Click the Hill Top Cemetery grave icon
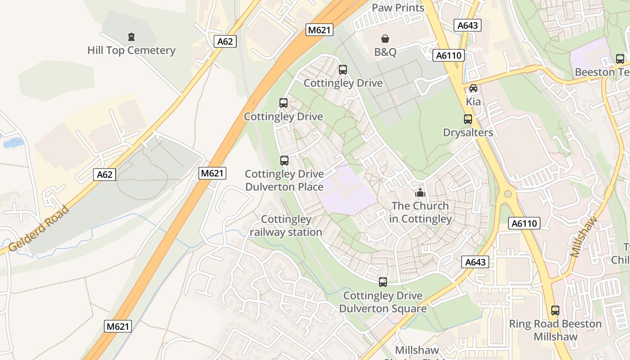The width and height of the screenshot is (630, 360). pyautogui.click(x=131, y=37)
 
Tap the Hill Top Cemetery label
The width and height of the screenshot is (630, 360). pyautogui.click(x=131, y=50)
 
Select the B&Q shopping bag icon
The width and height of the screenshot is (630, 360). pyautogui.click(x=385, y=39)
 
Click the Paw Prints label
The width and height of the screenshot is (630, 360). pyautogui.click(x=398, y=8)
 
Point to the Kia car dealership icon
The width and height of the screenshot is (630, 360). pyautogui.click(x=473, y=88)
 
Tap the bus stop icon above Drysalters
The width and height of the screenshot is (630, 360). pyautogui.click(x=468, y=119)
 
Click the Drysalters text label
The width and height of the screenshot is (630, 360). pyautogui.click(x=468, y=133)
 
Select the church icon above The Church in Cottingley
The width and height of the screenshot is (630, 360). pyautogui.click(x=420, y=193)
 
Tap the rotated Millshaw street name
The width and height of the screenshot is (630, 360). pyautogui.click(x=584, y=236)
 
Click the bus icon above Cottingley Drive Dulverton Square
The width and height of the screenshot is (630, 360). pyautogui.click(x=383, y=282)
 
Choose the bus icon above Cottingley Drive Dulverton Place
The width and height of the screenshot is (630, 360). pyautogui.click(x=284, y=161)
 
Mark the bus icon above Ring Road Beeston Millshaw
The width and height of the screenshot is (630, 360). pyautogui.click(x=555, y=310)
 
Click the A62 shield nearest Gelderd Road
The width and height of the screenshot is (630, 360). pyautogui.click(x=104, y=175)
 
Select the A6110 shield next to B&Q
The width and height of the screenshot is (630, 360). pyautogui.click(x=448, y=55)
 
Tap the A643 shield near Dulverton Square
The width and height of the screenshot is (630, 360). pyautogui.click(x=475, y=262)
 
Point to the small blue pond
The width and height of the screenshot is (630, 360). pyautogui.click(x=13, y=143)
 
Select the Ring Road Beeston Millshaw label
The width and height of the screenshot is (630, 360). pyautogui.click(x=555, y=330)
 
